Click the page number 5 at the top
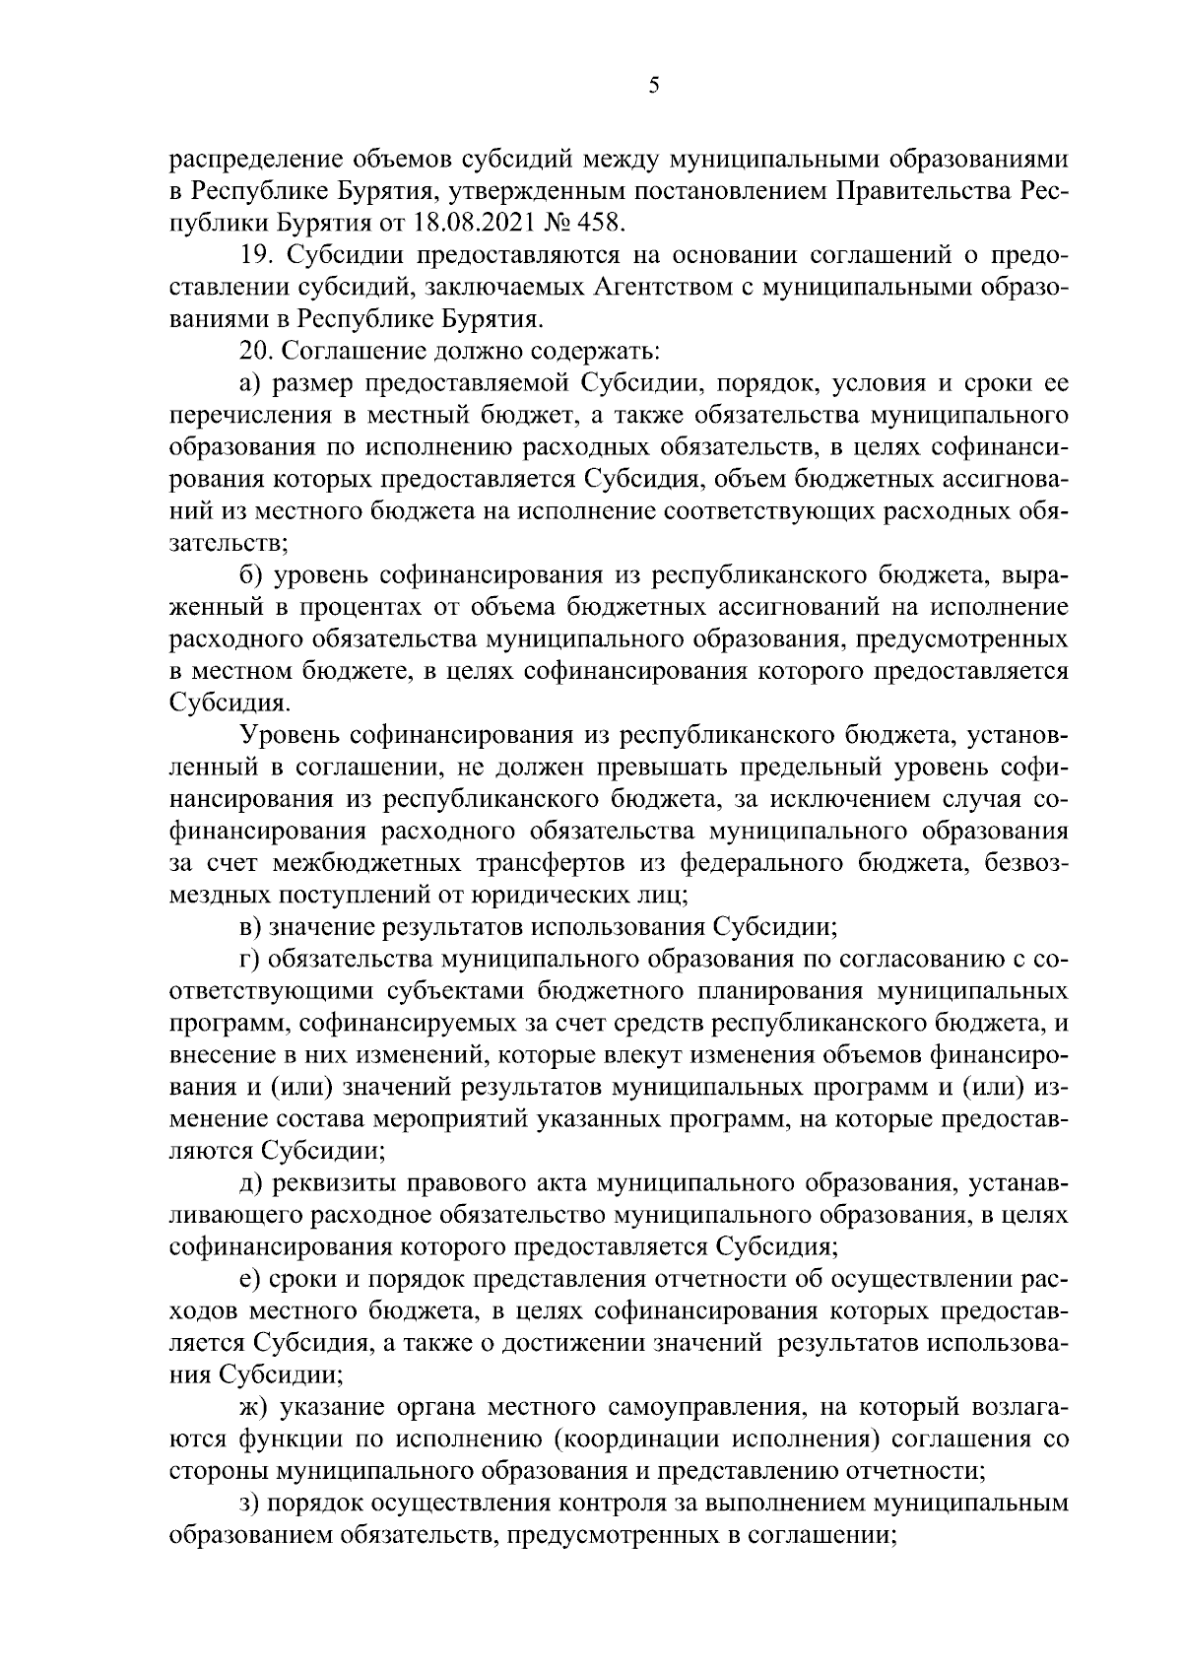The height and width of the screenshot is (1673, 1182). (654, 87)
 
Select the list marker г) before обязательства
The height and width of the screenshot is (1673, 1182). (249, 959)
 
